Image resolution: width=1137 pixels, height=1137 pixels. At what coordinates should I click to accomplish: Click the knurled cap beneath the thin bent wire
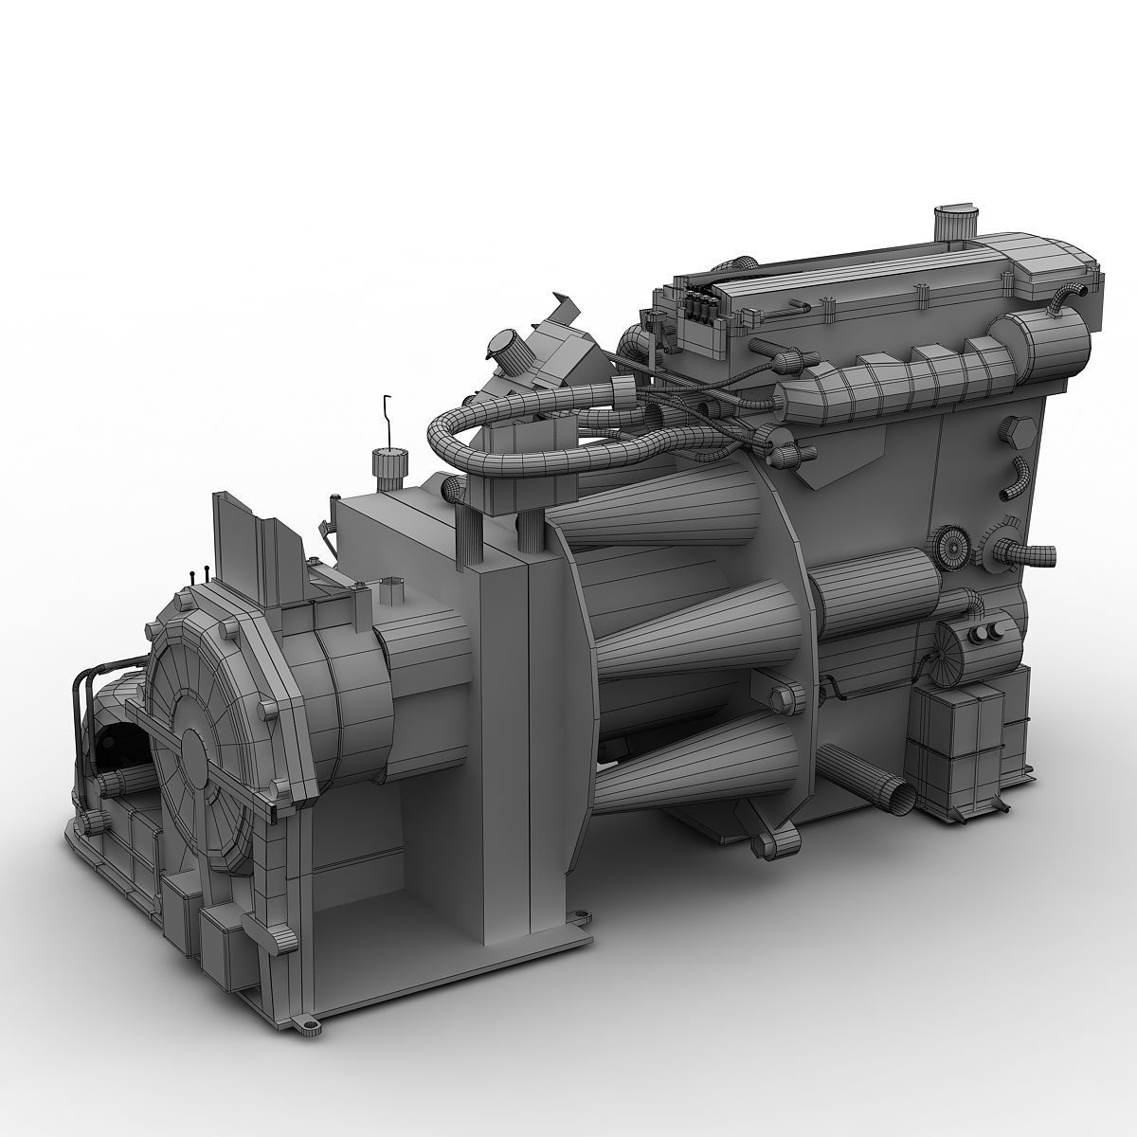tap(389, 465)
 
